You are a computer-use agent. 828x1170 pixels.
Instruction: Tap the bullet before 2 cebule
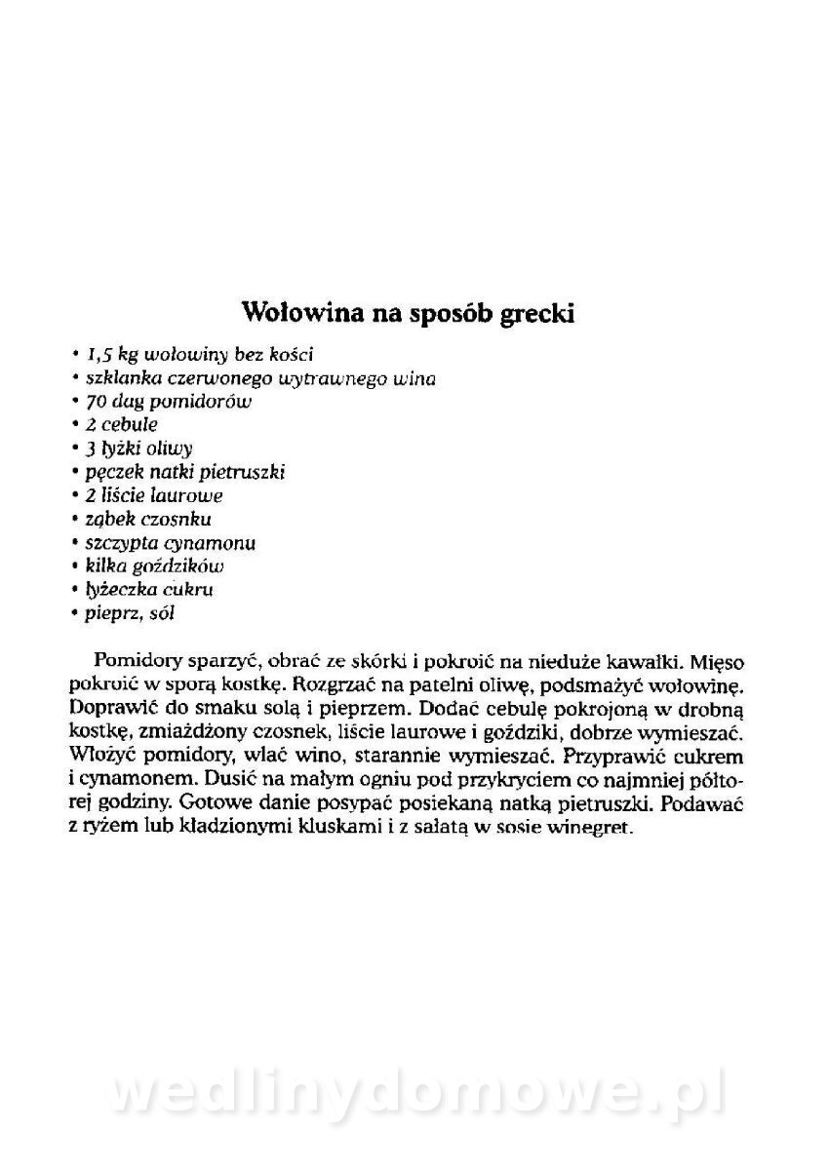tap(75, 425)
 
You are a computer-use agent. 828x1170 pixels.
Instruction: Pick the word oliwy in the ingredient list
tap(171, 448)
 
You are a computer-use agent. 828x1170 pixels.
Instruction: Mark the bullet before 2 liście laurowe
tap(75, 495)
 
